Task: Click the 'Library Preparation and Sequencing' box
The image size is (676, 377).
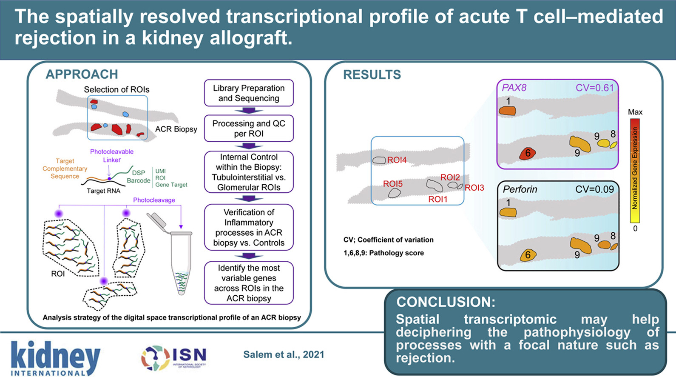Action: coord(249,93)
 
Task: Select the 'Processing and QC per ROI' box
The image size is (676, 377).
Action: coord(249,129)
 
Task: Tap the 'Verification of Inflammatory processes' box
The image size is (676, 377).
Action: coord(249,227)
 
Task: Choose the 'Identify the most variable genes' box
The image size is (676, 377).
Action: coord(249,283)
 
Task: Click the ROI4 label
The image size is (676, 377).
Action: coord(397,160)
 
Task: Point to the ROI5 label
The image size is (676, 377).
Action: coord(392,184)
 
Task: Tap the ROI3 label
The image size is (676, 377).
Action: coord(474,188)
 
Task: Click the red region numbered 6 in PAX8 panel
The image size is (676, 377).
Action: coord(527,154)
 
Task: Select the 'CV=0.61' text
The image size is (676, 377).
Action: coord(594,88)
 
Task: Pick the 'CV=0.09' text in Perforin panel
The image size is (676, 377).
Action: coord(594,189)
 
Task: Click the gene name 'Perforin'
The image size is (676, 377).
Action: coord(520,189)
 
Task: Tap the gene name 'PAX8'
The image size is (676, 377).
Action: coord(514,88)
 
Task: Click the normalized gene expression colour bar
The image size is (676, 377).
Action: coord(635,170)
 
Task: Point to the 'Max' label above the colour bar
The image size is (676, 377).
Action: coord(635,112)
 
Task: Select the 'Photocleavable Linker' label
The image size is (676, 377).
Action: coord(112,156)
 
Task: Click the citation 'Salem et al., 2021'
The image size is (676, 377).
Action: coord(284,354)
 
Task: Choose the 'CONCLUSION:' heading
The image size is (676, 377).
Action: coord(446,302)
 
